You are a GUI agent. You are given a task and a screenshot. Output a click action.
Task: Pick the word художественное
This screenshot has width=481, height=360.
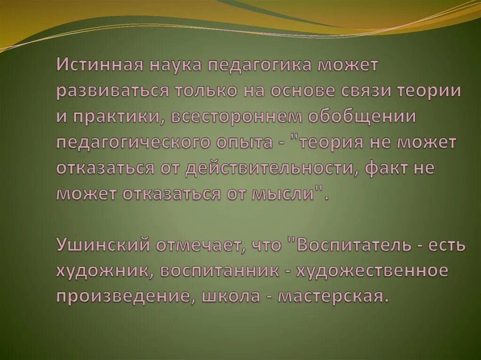[x=371, y=271]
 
